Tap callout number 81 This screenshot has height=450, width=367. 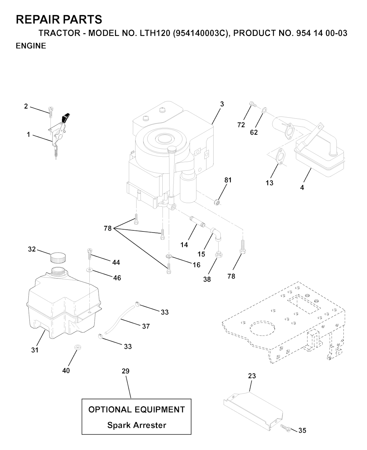click(x=228, y=180)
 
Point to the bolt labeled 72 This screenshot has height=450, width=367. click(x=252, y=104)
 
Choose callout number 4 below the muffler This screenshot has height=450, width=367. click(x=302, y=187)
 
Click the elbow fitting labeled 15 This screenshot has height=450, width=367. click(x=217, y=234)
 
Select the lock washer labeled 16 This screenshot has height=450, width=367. click(x=169, y=256)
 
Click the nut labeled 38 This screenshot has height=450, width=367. click(x=218, y=255)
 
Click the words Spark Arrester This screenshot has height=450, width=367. click(x=137, y=425)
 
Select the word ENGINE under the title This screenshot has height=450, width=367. click(x=31, y=46)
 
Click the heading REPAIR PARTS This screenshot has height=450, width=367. click(x=59, y=19)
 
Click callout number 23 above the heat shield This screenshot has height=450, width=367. click(x=252, y=376)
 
